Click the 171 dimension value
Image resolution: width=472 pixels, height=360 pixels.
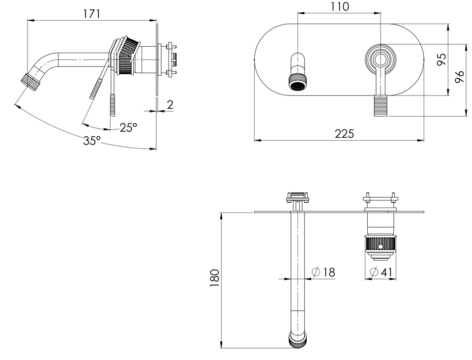[x=92, y=14]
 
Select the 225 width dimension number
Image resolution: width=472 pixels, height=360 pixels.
[x=344, y=134]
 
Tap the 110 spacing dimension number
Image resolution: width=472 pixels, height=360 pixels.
[x=340, y=6]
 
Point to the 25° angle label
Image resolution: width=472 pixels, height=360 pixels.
[x=128, y=128]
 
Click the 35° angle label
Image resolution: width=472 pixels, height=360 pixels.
[x=92, y=141]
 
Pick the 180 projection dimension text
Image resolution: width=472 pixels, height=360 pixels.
[x=215, y=278]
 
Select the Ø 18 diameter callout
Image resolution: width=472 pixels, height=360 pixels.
[x=324, y=272]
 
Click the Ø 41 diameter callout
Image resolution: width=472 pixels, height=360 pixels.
[x=381, y=272]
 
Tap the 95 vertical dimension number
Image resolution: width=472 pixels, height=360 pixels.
[x=442, y=60]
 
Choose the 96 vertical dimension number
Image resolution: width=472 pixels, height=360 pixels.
[x=460, y=77]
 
